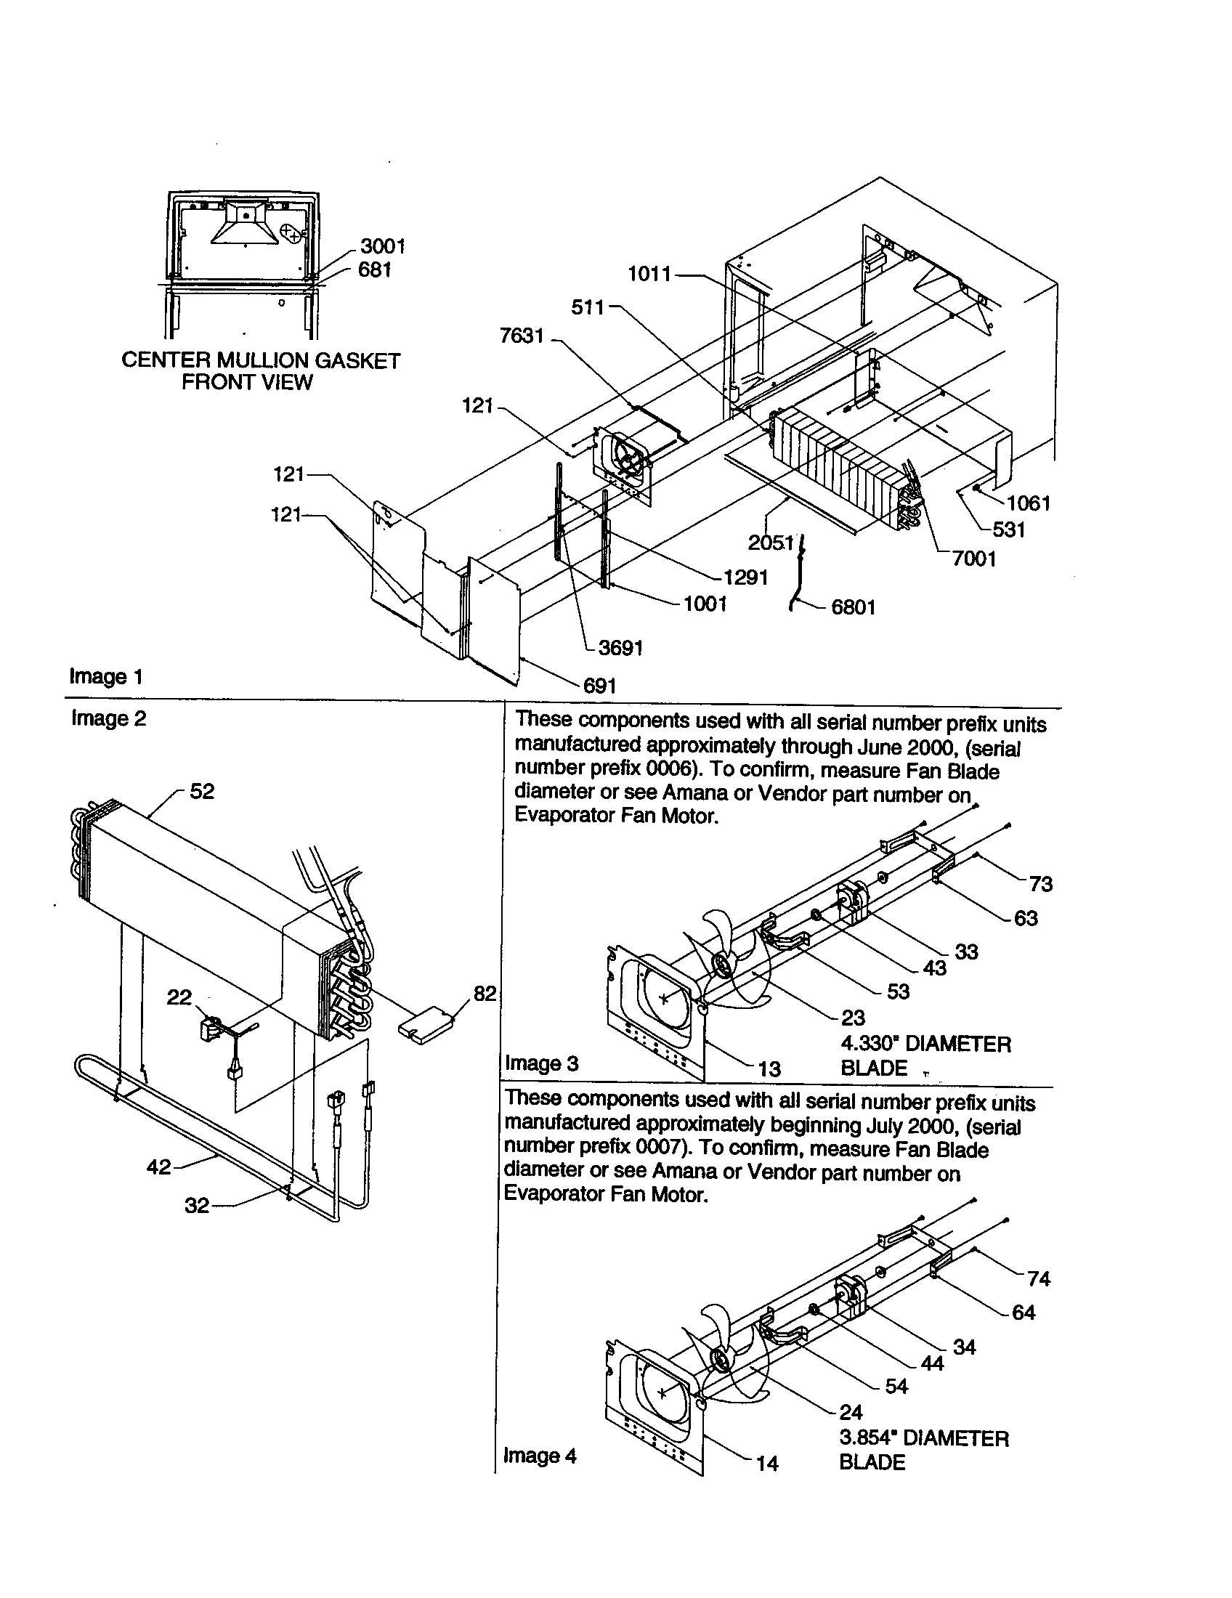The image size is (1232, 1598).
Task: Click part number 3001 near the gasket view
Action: point(382,246)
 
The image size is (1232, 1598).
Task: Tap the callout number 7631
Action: point(522,336)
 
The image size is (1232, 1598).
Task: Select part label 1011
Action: point(649,275)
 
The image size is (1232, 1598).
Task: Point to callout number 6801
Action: point(853,607)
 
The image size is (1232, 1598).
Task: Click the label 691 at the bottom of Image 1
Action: point(599,686)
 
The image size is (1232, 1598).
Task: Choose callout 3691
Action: point(620,648)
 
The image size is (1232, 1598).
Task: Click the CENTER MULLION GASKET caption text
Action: point(261,361)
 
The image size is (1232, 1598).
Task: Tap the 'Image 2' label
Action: point(108,718)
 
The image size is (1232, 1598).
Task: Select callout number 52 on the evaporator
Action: point(202,792)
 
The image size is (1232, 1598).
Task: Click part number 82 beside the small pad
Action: point(485,994)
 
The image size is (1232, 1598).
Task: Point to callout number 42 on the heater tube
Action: point(158,1167)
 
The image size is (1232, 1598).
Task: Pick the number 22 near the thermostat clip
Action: point(179,997)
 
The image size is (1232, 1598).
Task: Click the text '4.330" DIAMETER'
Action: point(925,1044)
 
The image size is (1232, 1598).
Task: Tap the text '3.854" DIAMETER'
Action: point(923,1438)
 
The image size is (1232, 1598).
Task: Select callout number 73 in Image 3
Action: point(1040,884)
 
